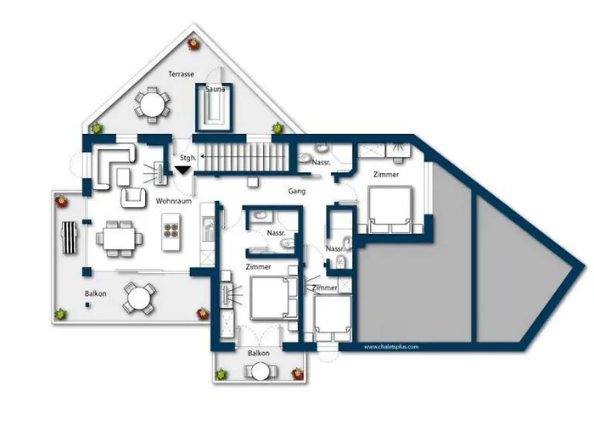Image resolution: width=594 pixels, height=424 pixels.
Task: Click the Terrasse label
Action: pos(181,75)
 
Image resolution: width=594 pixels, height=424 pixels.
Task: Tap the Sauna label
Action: pos(216,89)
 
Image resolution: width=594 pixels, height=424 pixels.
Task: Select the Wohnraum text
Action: pos(174,201)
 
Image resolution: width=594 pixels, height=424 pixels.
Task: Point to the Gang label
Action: pos(297,191)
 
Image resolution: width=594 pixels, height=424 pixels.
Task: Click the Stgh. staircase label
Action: pos(188,158)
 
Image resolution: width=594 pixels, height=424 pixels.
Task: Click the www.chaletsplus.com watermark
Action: pos(391,347)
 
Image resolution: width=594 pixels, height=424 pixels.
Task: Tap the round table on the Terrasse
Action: pos(152,105)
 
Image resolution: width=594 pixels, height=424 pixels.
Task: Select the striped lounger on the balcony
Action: pos(70,237)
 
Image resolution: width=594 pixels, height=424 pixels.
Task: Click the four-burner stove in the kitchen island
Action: pos(171,231)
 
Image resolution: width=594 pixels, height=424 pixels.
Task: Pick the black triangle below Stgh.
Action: pos(182,170)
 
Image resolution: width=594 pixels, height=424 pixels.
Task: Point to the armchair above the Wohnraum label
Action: pos(133,198)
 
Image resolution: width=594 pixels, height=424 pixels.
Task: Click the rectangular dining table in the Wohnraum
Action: pos(120,238)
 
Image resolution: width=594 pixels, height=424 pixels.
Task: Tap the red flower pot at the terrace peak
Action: pos(194,43)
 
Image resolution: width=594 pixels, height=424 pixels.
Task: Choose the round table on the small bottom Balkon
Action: pos(261,371)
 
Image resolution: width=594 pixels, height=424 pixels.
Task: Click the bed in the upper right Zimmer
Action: pos(389,209)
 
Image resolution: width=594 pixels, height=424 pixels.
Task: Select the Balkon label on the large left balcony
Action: pos(95,293)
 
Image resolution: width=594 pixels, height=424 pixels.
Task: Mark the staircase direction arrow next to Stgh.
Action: pos(243,156)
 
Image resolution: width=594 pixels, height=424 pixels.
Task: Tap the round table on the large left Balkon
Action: pos(138,298)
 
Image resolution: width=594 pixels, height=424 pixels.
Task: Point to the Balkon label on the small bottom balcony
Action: pos(259,354)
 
